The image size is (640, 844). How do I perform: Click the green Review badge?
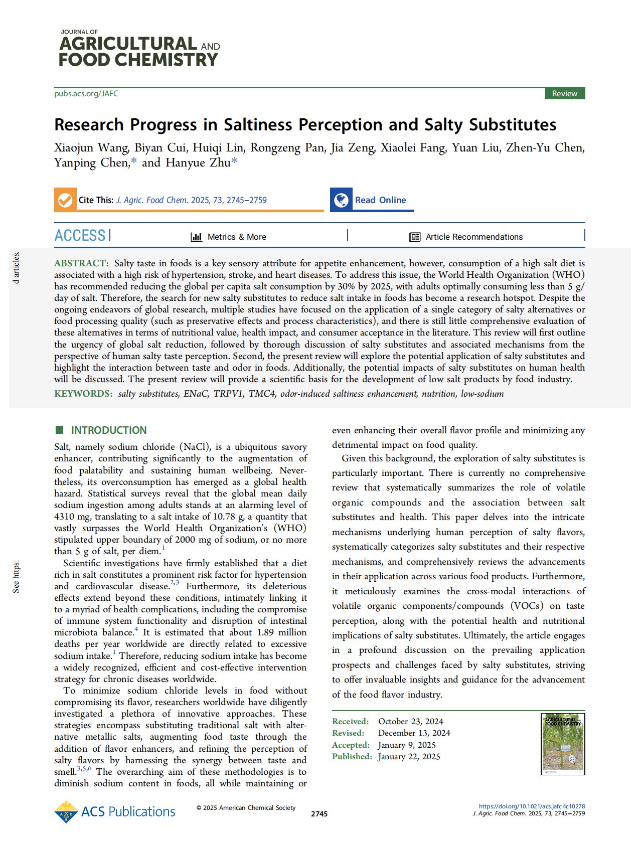point(564,94)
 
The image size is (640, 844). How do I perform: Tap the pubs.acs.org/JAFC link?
point(86,94)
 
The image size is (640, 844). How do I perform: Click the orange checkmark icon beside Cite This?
point(65,200)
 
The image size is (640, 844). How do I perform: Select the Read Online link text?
point(380,200)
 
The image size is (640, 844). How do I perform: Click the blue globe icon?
point(341,200)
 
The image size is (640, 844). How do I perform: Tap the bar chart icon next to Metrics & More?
point(197,237)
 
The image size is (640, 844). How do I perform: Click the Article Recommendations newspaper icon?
point(414,237)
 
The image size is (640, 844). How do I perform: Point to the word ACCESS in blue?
point(80,236)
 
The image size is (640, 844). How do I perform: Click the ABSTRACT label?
point(81,263)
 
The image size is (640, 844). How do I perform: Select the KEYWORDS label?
point(83,394)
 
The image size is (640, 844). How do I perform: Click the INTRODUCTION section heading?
point(109,430)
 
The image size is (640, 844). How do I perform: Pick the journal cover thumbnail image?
point(563,744)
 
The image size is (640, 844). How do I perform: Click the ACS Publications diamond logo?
point(66,812)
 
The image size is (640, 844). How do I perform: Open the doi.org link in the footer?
point(532,806)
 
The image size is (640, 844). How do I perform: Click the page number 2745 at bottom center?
point(319,814)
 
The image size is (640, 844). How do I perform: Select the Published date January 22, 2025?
point(409,757)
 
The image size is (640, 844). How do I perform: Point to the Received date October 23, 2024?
point(410,721)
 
